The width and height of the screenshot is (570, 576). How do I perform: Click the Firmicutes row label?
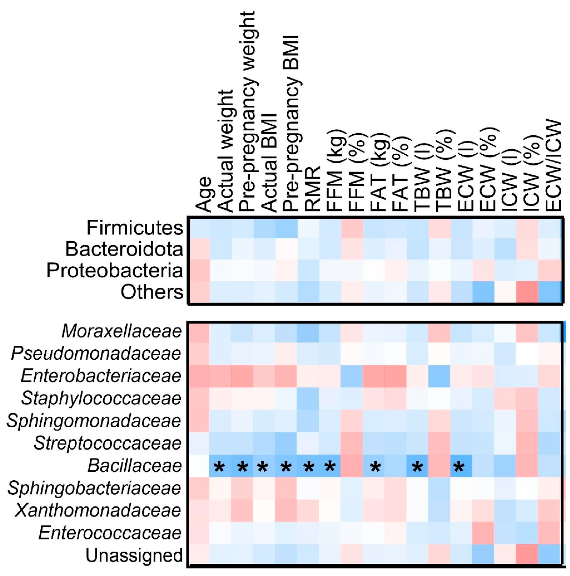pos(135,228)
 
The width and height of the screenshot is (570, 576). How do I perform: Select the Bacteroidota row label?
pos(124,249)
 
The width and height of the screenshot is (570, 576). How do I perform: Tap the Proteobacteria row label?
pos(115,271)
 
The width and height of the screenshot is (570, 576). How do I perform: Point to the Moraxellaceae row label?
pos(122,331)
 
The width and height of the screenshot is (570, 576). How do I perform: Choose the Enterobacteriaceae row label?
pos(101,376)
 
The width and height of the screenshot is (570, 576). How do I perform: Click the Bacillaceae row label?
pos(135,466)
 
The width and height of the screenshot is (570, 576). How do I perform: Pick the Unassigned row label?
pos(134,555)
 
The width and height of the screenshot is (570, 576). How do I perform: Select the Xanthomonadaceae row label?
pos(98,510)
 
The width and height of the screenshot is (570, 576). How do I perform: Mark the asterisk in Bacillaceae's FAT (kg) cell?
pos(375,467)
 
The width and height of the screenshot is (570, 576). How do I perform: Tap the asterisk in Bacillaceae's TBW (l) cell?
pos(417,467)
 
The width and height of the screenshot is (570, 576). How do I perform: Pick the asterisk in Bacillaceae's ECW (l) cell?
pos(459,467)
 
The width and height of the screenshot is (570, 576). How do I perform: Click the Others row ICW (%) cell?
pos(527,292)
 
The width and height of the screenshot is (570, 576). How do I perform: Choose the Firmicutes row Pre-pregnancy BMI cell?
pos(287,228)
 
